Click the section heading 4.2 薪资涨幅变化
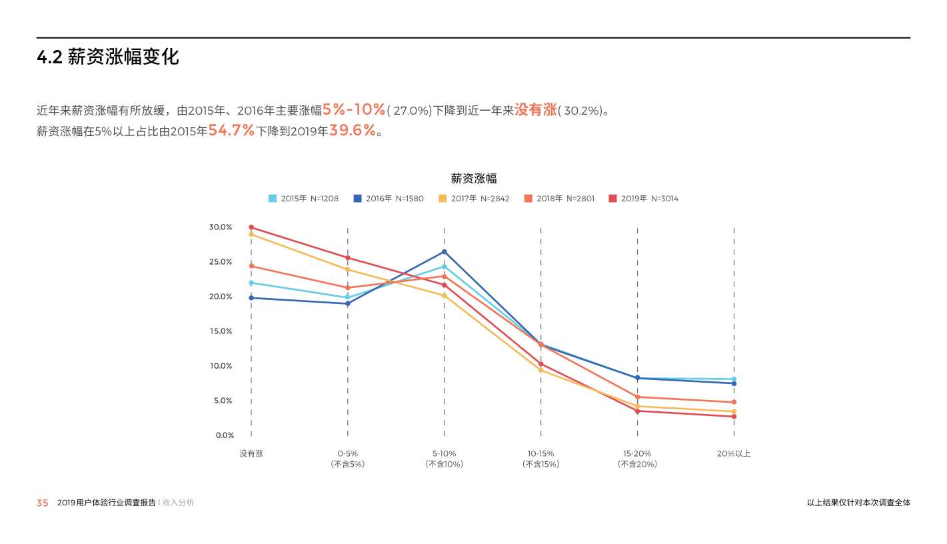click(107, 57)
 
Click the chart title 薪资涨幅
click(473, 179)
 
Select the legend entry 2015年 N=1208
click(303, 199)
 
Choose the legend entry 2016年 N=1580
click(388, 199)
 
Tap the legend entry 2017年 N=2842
click(474, 199)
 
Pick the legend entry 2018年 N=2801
click(559, 199)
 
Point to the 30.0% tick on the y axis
click(221, 227)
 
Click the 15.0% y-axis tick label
click(221, 331)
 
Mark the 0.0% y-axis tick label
click(225, 435)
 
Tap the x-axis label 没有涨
click(251, 453)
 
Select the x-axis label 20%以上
click(734, 453)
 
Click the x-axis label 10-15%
click(540, 453)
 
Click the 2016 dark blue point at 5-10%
click(445, 252)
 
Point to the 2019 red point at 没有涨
click(251, 227)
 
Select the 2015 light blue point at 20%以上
click(734, 379)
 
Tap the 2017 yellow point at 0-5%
click(348, 269)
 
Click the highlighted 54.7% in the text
click(231, 131)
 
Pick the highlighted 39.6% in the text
click(353, 131)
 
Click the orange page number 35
click(43, 503)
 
